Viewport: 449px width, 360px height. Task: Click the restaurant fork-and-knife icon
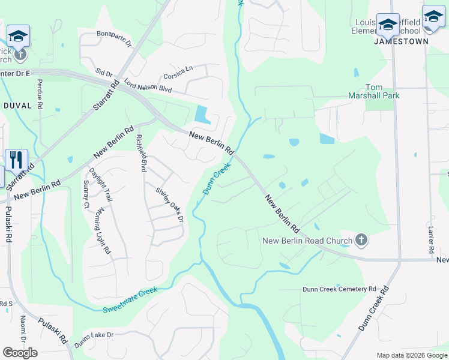[x=16, y=160]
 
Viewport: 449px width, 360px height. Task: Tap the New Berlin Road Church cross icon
[x=361, y=241]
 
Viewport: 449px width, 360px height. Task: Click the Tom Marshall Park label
[x=374, y=91]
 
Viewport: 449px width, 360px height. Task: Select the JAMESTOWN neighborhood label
[x=401, y=41]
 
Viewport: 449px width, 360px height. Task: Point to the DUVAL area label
[x=17, y=105]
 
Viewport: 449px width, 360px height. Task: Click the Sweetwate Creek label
[x=130, y=299]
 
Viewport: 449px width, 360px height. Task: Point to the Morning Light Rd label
[x=103, y=230]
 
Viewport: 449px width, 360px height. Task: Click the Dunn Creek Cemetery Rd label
[x=339, y=289]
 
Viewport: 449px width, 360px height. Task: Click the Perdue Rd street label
[x=40, y=94]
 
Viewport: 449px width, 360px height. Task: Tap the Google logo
[x=20, y=353]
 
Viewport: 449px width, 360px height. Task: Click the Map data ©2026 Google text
[x=411, y=355]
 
